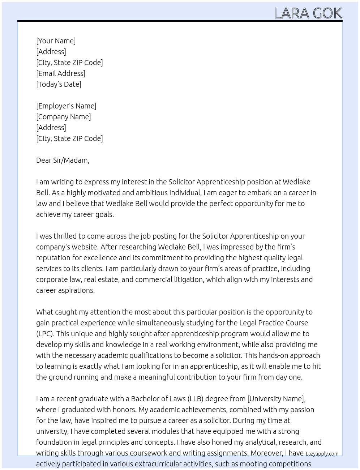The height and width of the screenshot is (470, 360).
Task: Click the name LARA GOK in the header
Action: click(308, 13)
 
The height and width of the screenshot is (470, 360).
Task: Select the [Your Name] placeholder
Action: click(56, 41)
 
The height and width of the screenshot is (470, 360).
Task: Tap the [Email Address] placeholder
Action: click(61, 73)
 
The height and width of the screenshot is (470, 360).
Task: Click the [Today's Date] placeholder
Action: click(59, 84)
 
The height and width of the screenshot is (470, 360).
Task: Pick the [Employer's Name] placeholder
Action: click(66, 106)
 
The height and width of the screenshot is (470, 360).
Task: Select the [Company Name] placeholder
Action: click(64, 117)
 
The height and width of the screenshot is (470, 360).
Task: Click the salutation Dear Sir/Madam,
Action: click(63, 160)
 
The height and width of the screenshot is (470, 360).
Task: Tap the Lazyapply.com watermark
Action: click(322, 454)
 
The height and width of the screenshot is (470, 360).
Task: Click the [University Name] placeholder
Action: click(276, 399)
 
